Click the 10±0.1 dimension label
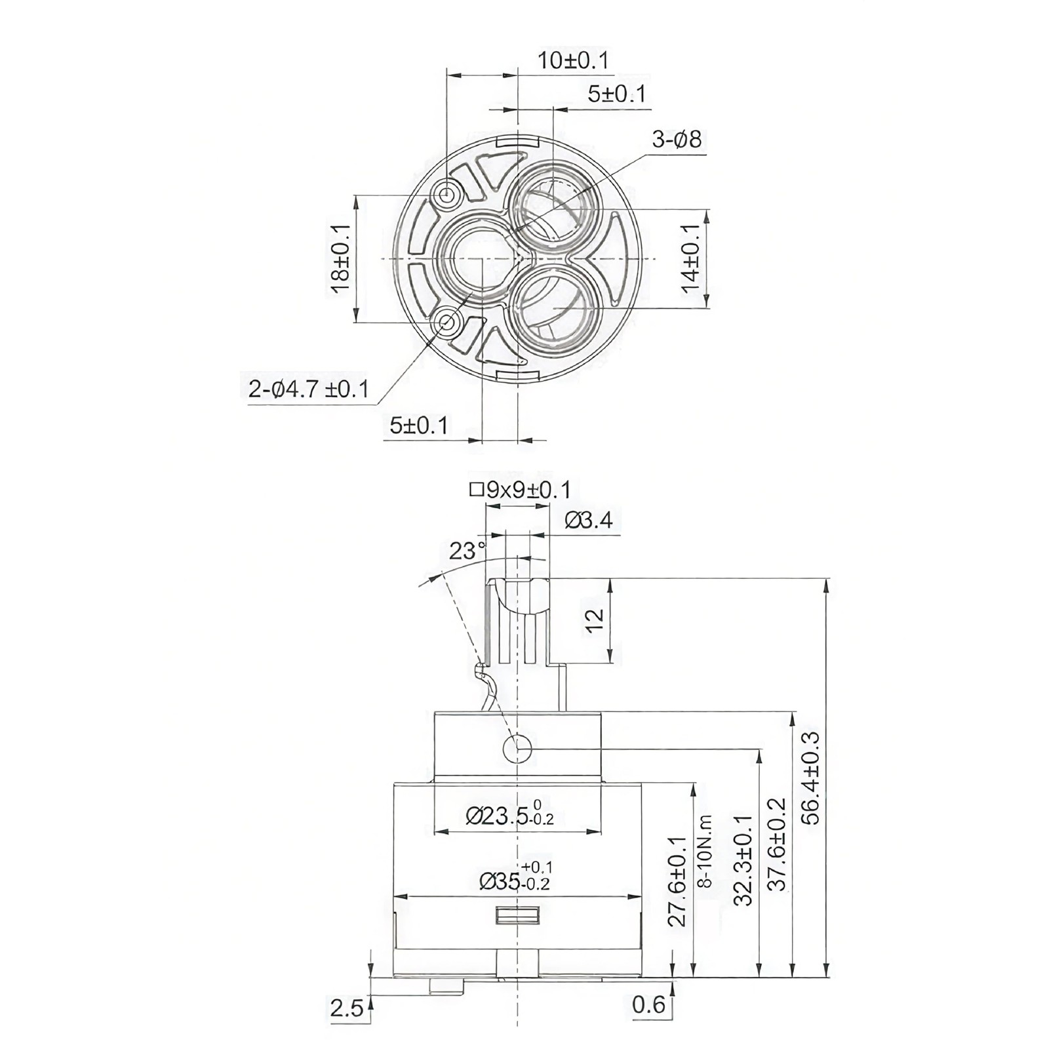click(x=573, y=60)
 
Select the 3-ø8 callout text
click(x=677, y=140)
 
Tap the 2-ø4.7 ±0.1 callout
click(x=308, y=389)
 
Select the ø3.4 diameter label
click(x=588, y=520)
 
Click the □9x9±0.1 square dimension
click(x=520, y=490)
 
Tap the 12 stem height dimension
click(x=594, y=620)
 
